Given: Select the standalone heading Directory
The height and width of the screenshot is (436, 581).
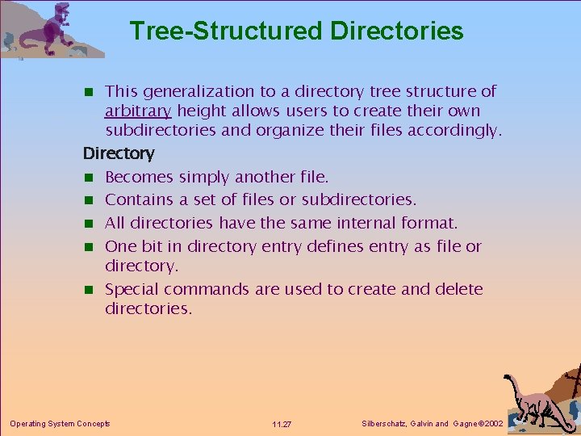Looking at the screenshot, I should (x=119, y=153).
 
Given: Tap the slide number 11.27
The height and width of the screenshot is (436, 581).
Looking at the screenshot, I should (x=282, y=424).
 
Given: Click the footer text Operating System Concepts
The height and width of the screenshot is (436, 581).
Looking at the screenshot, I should (x=60, y=423).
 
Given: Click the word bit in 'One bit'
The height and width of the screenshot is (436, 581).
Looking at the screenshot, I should (x=153, y=245).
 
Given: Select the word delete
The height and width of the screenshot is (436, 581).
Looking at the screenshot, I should (x=457, y=288).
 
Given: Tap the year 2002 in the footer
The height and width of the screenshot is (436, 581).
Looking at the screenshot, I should (x=491, y=424).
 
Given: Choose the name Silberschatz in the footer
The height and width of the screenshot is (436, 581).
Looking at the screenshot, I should (x=383, y=424).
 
